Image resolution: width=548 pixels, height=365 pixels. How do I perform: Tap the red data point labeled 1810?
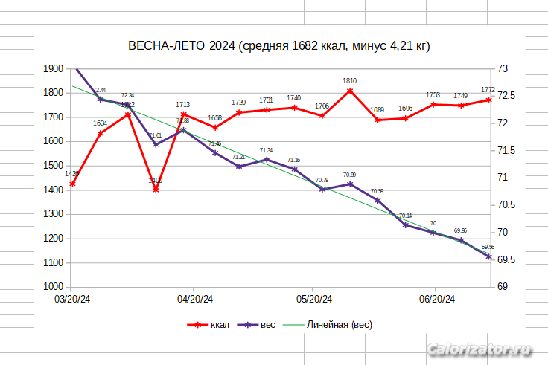[x=350, y=91]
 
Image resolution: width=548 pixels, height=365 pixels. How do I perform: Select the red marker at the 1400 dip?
[x=156, y=190]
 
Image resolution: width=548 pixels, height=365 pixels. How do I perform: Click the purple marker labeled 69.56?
[x=488, y=256]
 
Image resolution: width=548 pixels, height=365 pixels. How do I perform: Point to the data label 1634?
[x=100, y=123]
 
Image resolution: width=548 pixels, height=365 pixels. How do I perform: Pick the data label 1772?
[x=488, y=89]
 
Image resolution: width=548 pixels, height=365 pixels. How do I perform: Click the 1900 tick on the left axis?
[x=54, y=68]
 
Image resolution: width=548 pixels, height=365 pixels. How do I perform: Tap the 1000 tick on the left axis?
[x=54, y=287]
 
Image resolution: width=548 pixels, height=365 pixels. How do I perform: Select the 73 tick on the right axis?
[x=503, y=68]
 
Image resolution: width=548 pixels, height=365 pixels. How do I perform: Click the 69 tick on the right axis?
[x=503, y=287]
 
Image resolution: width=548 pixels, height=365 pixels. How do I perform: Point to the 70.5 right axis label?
[x=506, y=205]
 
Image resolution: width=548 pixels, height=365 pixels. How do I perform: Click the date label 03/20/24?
[x=72, y=300]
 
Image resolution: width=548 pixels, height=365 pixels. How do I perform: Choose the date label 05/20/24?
[x=313, y=300]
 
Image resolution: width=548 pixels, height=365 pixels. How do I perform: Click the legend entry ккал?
[x=220, y=325]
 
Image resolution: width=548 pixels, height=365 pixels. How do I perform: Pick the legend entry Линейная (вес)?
[x=340, y=325]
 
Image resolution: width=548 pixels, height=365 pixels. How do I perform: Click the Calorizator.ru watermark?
[x=481, y=349]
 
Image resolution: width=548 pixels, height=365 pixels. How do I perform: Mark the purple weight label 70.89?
[x=350, y=175]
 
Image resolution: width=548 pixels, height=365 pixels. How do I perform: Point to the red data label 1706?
[x=322, y=106]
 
